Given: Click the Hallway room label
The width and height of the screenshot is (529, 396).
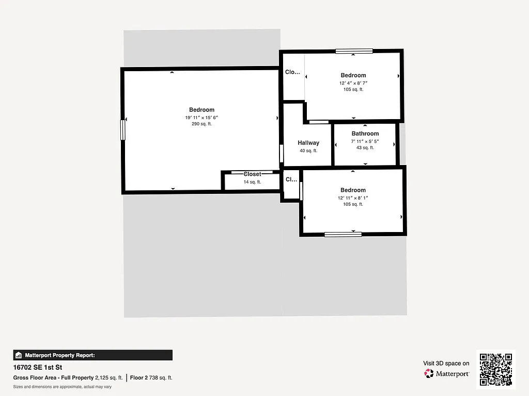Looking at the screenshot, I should pos(308,143).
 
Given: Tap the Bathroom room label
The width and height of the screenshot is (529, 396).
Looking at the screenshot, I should pos(365,134).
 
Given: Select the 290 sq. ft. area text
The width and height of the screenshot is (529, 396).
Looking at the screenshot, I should pos(201,124).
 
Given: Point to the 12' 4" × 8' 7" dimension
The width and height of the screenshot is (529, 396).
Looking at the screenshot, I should pos(353,82).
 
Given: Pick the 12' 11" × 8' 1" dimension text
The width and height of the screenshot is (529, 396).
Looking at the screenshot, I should pos(353,197).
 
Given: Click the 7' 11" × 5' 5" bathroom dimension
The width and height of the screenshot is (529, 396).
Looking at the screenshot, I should pos(365,141).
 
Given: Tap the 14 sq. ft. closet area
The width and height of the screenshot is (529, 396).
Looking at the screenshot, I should pos(252,182).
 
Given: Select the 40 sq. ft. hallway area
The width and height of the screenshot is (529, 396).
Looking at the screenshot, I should pos(308,151).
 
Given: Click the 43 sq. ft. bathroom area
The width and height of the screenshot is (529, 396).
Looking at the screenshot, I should pos(365,148).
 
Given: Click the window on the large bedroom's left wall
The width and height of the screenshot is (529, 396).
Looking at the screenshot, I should pos(123,129).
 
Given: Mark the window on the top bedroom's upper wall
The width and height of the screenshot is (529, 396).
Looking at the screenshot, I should pos(354,51).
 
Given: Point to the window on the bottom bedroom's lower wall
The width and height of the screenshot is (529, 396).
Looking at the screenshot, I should pos(343,235).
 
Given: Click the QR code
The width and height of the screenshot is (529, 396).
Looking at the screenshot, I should pos(495,369).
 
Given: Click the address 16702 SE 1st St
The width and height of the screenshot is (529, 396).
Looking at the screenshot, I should pos(38,368).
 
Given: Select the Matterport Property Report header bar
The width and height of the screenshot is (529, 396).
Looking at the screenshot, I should pos(93,355).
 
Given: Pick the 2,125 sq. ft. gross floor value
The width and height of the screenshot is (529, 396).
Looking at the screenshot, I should pos(109,378).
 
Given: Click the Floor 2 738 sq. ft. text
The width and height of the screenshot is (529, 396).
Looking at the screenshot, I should pos(151,378).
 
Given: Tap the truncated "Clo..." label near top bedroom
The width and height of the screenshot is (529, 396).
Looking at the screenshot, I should pos(292,72).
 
